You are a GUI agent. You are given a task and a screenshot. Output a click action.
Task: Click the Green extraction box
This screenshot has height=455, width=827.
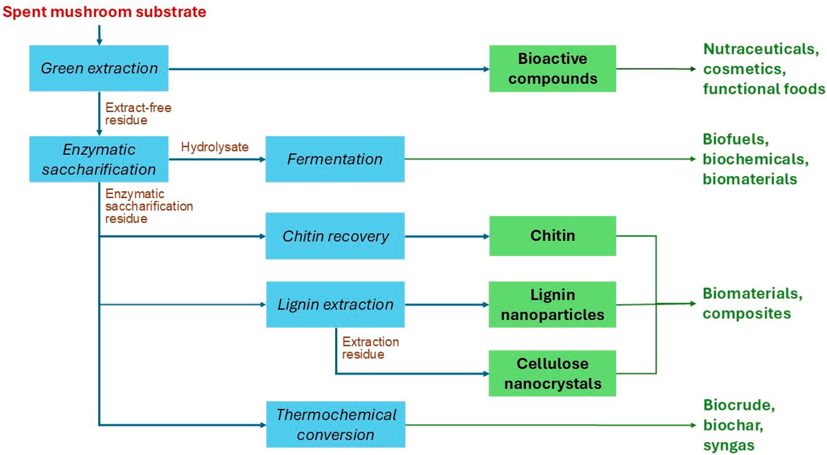tap(99, 68)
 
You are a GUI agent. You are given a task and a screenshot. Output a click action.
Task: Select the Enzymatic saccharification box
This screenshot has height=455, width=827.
tap(99, 159)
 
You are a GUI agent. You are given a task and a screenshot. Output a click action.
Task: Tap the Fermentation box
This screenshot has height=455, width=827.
tap(335, 159)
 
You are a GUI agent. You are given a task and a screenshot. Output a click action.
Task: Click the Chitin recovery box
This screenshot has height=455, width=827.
tap(335, 236)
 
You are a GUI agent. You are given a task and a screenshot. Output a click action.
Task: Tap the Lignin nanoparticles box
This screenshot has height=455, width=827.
tap(552, 304)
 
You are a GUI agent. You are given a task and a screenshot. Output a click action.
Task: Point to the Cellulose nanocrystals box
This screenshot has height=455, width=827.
tap(552, 373)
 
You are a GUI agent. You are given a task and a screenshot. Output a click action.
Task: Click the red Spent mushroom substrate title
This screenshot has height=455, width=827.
tap(104, 12)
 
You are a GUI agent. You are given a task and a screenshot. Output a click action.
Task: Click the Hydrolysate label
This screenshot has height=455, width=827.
tap(214, 147)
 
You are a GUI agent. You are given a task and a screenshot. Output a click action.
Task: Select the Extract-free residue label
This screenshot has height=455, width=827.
tap(138, 114)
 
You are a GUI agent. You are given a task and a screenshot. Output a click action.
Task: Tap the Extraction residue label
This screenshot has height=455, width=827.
tap(370, 348)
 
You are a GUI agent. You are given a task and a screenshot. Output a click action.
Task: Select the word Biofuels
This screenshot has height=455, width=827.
tap(735, 139)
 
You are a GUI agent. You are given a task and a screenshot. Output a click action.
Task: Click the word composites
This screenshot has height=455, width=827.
tap(746, 313)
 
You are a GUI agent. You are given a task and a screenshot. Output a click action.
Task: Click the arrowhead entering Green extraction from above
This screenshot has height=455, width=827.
tap(99, 42)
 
